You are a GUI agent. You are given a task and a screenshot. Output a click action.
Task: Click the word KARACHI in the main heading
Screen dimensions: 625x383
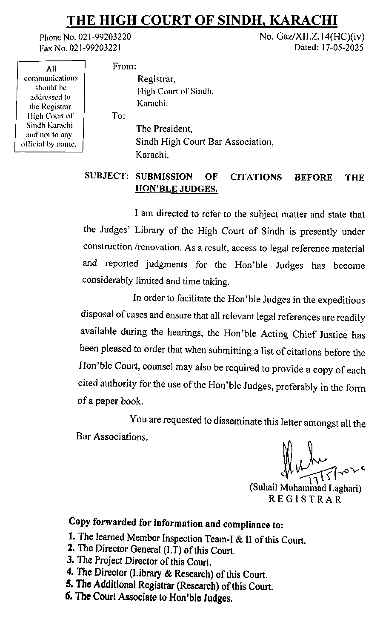click(304, 20)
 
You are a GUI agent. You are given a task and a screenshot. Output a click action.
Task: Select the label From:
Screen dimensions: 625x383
click(124, 67)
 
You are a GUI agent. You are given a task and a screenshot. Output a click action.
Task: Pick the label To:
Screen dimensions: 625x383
click(118, 116)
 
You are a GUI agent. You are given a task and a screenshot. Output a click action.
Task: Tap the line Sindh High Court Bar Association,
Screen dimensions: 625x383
click(205, 142)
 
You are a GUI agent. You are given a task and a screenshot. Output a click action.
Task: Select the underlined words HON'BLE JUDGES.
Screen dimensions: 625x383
click(176, 189)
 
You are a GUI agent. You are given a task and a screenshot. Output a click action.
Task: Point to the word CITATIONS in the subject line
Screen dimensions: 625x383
click(256, 177)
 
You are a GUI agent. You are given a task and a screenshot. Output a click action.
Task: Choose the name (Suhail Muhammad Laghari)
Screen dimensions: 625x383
click(305, 488)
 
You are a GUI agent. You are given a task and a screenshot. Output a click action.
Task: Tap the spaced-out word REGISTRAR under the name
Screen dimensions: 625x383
click(305, 499)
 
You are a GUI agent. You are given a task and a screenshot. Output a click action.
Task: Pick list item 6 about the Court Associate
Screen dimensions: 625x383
click(149, 597)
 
